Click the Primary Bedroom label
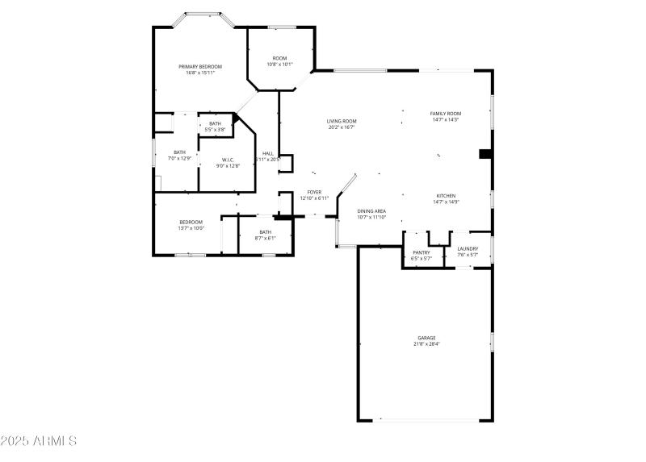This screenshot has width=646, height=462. pos(200,66)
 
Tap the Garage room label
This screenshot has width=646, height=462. pos(426,338)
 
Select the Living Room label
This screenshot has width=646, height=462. pos(342,121)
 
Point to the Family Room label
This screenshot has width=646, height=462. pos(445,114)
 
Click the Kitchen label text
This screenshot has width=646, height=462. pos(447,196)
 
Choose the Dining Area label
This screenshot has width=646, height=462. pos(371,211)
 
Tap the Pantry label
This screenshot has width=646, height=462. pos(422,252)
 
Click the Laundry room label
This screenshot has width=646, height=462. pos(468,248)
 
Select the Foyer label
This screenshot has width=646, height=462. pos(314,192)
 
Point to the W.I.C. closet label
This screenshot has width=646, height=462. pos(228,160)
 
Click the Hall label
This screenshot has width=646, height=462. pos(267,153)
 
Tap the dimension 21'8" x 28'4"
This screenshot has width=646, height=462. pos(426,344)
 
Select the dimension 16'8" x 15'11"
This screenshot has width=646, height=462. pos(200,73)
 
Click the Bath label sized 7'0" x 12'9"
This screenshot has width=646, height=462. pos(179,152)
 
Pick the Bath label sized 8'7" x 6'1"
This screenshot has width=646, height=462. pos(266,232)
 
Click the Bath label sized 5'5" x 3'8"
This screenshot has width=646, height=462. pos(215,123)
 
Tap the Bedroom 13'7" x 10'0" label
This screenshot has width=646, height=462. pos(191,222)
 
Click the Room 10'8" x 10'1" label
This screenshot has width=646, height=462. pos(279,58)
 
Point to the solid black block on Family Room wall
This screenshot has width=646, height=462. pos(485,154)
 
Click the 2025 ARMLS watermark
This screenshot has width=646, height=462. pos(39,442)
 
